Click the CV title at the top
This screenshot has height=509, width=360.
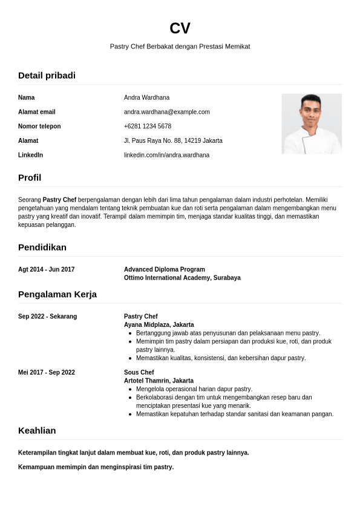[180, 28]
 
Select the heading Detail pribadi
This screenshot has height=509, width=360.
[47, 76]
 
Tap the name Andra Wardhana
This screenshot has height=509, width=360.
[146, 97]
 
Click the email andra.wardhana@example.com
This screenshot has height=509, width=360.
[166, 112]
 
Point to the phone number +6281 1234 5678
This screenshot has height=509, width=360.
[147, 126]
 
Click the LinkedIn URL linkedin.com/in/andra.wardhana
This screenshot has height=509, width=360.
[166, 156]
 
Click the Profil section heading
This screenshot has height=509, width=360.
[30, 178]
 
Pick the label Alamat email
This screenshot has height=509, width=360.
[36, 112]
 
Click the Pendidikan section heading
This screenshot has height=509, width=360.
[42, 248]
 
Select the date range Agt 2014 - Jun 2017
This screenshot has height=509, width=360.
[46, 269]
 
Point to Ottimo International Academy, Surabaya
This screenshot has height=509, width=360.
[182, 278]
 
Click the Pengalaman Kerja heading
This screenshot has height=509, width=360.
[57, 295]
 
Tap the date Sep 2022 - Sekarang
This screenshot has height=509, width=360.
[47, 317]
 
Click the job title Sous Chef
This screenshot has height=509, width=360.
[139, 372]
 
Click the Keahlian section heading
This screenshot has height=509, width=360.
[37, 431]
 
